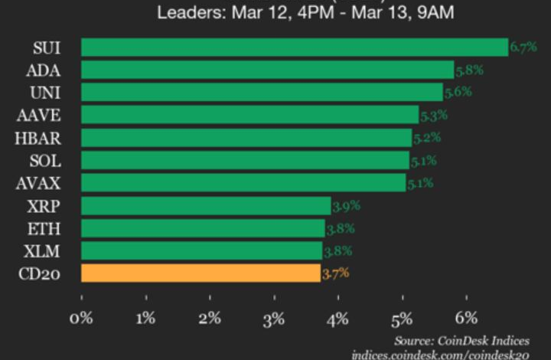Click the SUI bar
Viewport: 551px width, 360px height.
[295, 47]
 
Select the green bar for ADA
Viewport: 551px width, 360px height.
[268, 70]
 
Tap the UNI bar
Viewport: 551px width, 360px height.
[262, 93]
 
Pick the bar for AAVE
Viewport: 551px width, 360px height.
[249, 115]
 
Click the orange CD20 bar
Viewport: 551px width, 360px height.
[201, 273]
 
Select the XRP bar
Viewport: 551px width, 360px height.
[206, 205]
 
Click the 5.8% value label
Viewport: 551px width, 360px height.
[468, 70]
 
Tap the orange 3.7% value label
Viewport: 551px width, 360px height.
[335, 273]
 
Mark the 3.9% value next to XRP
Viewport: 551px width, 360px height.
[345, 205]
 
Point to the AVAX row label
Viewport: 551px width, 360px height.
[38, 183]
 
